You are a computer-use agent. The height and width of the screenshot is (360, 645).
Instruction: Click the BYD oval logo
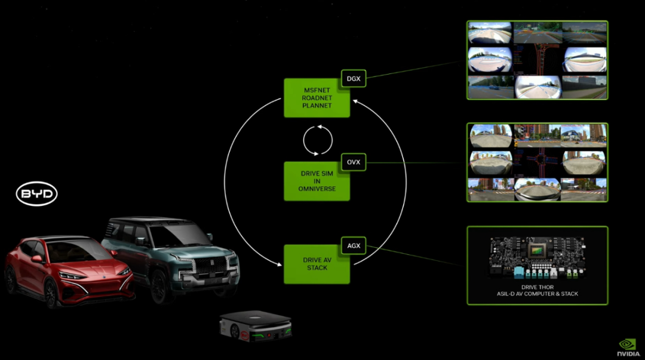click(x=36, y=194)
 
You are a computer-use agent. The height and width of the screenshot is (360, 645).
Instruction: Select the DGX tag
click(x=353, y=78)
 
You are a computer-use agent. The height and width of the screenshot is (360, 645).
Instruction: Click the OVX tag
click(x=353, y=162)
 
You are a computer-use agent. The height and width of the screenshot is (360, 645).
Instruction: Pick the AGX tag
click(x=353, y=245)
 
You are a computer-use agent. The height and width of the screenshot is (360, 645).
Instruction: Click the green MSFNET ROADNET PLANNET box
click(x=317, y=98)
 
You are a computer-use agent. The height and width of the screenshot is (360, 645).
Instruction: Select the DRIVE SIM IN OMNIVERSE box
click(x=317, y=181)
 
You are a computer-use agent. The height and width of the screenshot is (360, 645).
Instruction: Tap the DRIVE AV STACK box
click(x=317, y=264)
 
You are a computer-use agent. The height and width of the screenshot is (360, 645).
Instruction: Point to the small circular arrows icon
click(x=318, y=140)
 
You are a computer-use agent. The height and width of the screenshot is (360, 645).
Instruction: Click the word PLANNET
click(x=317, y=106)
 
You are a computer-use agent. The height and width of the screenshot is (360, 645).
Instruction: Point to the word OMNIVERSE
click(x=317, y=189)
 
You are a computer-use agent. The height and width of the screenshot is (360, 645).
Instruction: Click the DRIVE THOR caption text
click(x=537, y=291)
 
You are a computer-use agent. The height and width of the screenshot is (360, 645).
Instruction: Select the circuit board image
click(x=537, y=257)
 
